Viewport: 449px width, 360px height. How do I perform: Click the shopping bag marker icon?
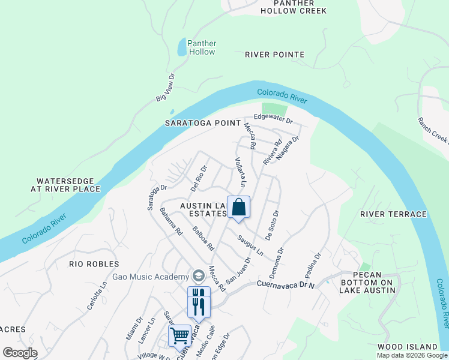coord(238,207)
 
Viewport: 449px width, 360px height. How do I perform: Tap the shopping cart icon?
coord(179,335)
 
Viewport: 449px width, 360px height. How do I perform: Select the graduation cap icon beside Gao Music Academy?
coord(198,277)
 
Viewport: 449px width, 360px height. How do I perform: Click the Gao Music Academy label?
coord(150,277)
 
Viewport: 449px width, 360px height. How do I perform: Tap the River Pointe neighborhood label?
coord(274,55)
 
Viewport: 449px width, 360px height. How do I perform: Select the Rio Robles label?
coord(94,264)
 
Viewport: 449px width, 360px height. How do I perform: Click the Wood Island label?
coord(408,347)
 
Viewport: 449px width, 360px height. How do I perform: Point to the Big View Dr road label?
coord(164,88)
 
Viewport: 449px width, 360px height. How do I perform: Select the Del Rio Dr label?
coord(198,178)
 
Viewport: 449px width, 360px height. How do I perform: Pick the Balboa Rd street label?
coord(203,237)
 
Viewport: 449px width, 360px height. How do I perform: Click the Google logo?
coord(20,353)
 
